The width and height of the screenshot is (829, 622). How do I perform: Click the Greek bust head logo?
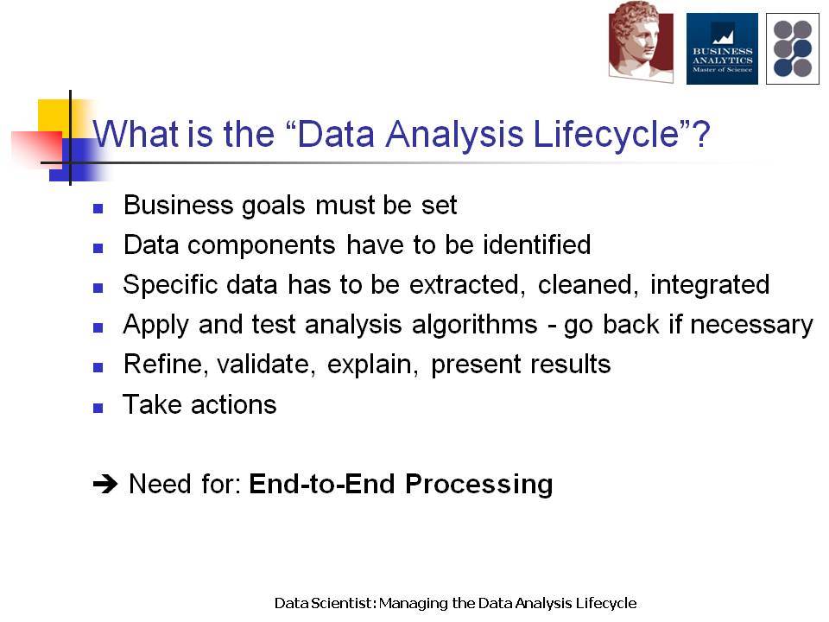(x=641, y=42)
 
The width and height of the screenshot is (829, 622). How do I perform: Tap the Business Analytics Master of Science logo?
(x=722, y=48)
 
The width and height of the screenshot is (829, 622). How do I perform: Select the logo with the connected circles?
(x=793, y=48)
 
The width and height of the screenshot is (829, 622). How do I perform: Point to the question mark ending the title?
(x=700, y=133)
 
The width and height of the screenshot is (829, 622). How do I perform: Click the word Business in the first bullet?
(x=178, y=205)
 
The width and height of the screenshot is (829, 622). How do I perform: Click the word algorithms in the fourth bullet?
(x=474, y=325)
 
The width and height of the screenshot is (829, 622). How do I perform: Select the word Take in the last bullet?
(x=152, y=404)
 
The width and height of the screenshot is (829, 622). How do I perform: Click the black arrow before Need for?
(x=104, y=484)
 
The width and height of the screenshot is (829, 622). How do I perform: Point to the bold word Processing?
(x=479, y=485)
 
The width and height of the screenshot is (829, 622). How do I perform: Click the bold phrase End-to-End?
(x=322, y=484)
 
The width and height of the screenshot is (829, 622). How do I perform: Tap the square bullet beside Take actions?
(x=98, y=408)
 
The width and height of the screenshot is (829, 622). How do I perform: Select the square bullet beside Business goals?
(x=98, y=208)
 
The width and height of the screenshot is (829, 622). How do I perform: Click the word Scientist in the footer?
(x=344, y=603)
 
